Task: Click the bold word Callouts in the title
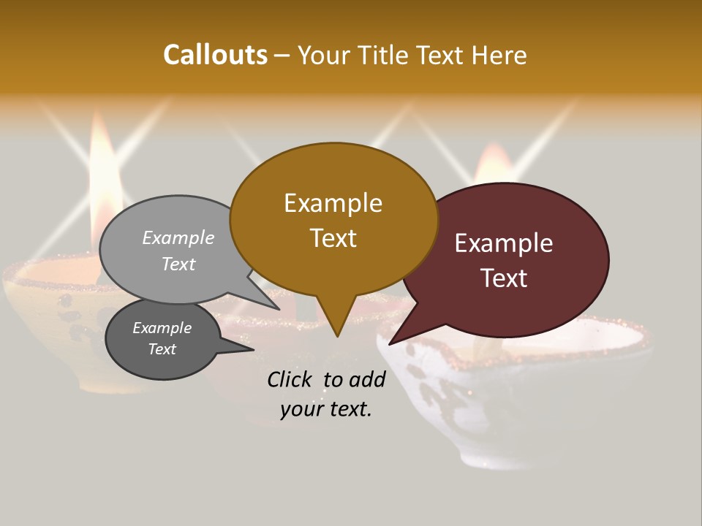[x=215, y=55]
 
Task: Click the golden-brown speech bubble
[x=333, y=220]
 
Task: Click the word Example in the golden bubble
[x=333, y=203]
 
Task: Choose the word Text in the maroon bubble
[x=504, y=278]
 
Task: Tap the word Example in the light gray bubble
[x=178, y=237]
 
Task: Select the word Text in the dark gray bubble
[x=162, y=349]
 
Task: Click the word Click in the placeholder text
[x=290, y=379]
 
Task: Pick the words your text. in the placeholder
[x=326, y=409]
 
